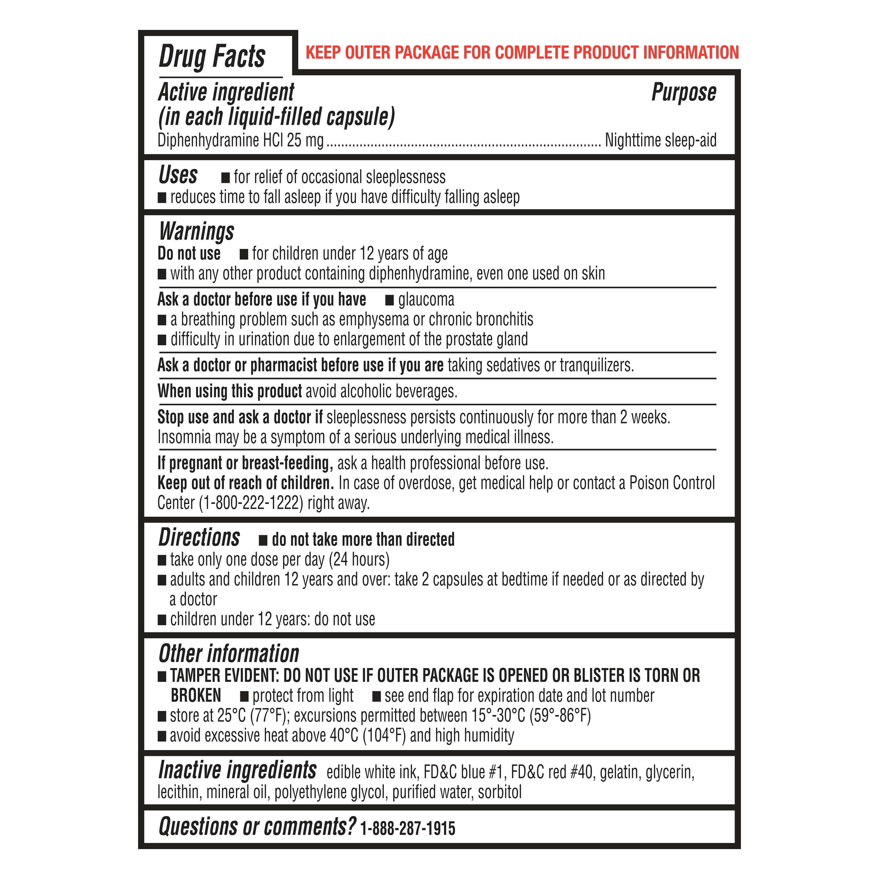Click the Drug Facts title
[x=212, y=57]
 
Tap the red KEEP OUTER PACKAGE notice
[x=522, y=53]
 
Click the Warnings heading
[x=197, y=231]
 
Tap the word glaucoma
[x=426, y=300]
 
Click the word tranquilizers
[x=597, y=365]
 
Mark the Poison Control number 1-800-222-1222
[x=251, y=503]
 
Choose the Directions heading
[x=199, y=537]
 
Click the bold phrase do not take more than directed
[x=363, y=540]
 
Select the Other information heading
[x=229, y=654]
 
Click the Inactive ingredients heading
[x=237, y=771]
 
